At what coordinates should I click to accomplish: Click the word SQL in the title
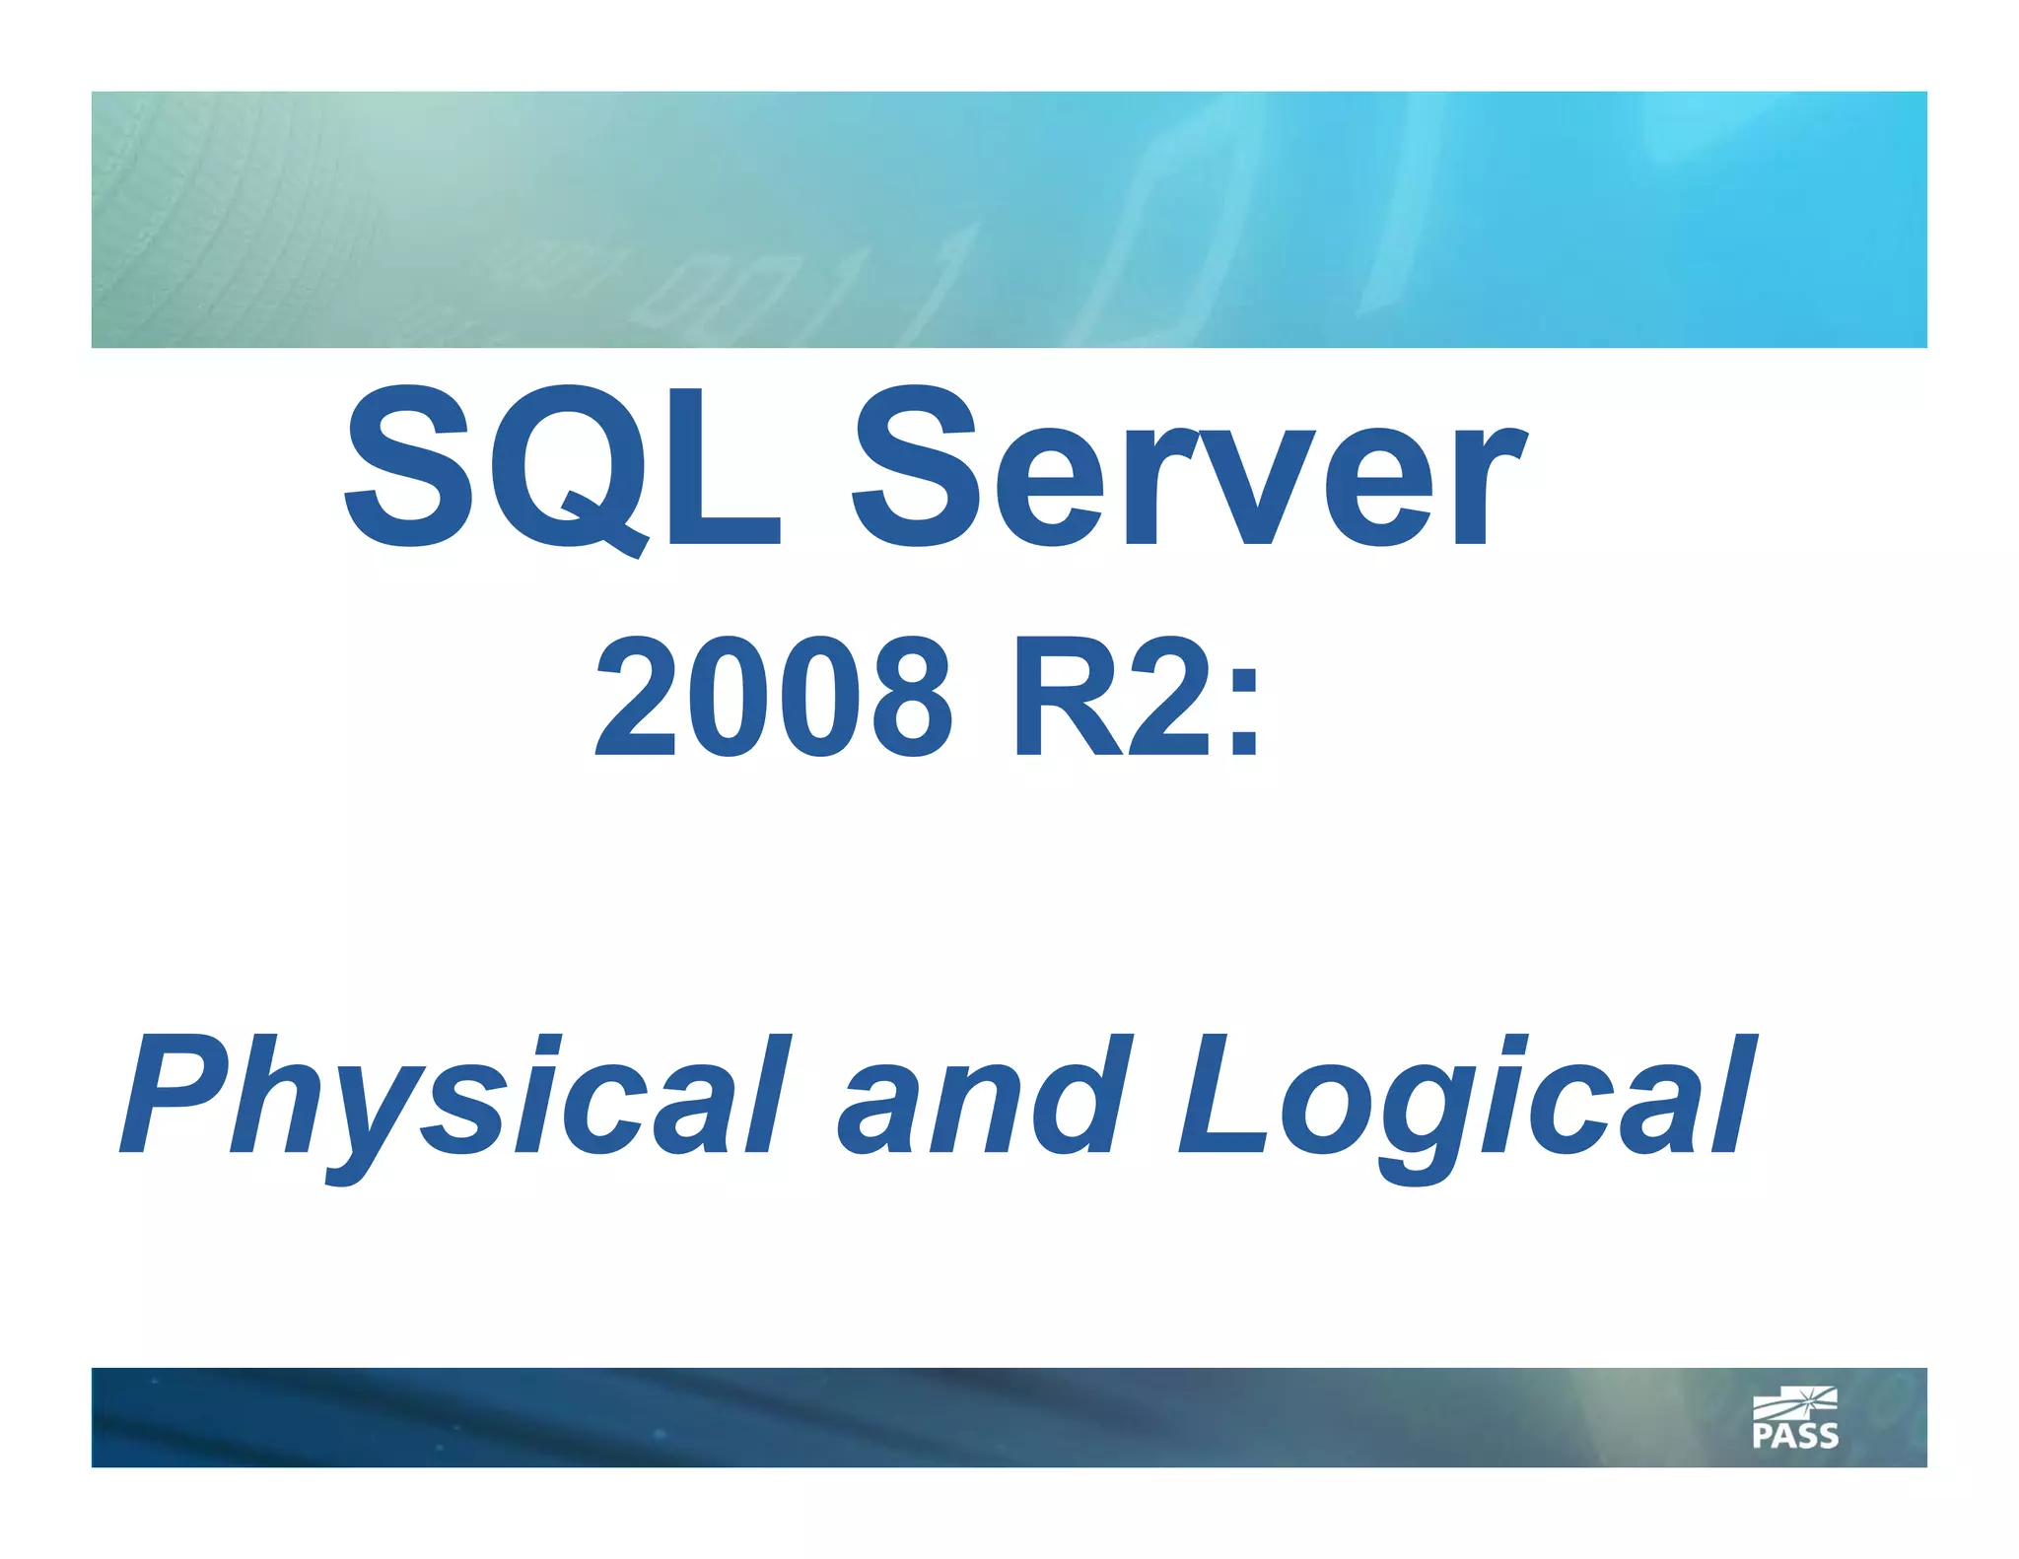[x=562, y=468]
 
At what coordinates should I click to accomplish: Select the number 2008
[x=774, y=698]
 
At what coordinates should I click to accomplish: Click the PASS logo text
[x=1795, y=1436]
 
